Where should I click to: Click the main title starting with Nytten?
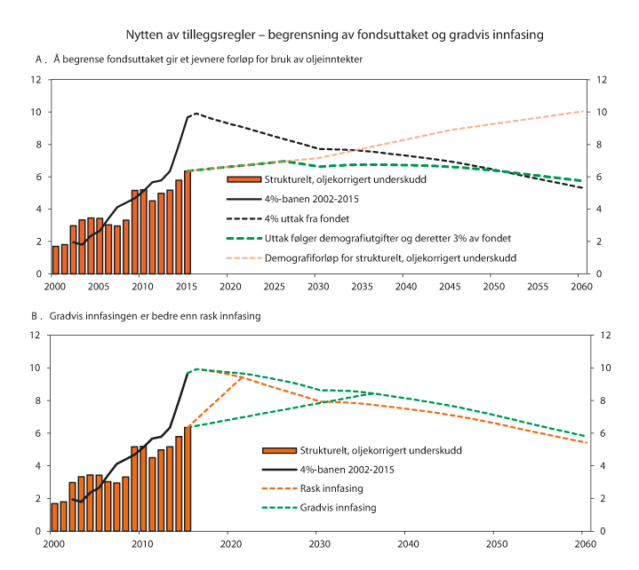click(329, 35)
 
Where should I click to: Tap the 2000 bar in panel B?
click(55, 517)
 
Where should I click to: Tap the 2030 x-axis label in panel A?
click(318, 287)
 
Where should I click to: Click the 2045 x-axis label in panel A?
click(451, 287)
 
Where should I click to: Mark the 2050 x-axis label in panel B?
click(495, 543)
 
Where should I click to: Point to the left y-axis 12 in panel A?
click(36, 79)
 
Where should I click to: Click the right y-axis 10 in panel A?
click(602, 112)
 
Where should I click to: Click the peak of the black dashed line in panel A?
click(196, 113)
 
